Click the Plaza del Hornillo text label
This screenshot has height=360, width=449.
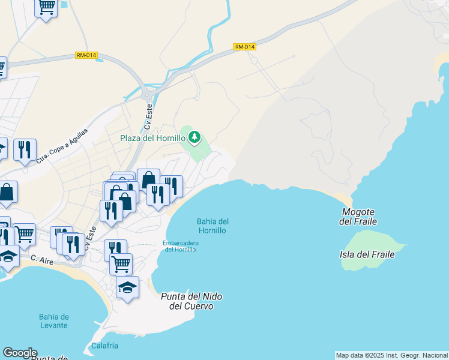tap(152, 138)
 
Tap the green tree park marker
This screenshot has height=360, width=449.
tap(194, 138)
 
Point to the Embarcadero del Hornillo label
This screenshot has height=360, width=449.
tap(180, 246)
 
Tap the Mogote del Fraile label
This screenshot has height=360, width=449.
tap(358, 217)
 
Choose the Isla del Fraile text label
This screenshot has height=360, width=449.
tap(367, 254)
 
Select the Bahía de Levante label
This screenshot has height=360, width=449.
tap(53, 321)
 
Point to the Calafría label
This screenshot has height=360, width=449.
tap(104, 346)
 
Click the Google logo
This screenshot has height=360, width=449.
tap(19, 353)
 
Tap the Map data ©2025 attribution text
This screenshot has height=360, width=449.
tap(391, 355)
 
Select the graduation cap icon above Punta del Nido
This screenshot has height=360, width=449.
tap(127, 287)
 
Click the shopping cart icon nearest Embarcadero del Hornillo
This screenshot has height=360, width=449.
tap(121, 262)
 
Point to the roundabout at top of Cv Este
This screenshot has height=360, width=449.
tap(147, 94)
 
